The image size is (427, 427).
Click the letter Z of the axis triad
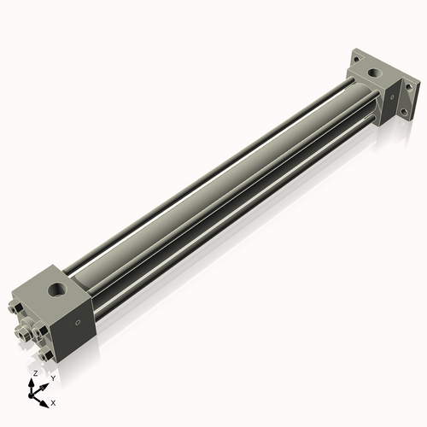tap(33, 374)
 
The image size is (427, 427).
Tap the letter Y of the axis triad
tap(53, 377)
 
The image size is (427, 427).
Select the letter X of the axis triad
tap(54, 401)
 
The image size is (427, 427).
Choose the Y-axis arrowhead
tap(46, 382)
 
